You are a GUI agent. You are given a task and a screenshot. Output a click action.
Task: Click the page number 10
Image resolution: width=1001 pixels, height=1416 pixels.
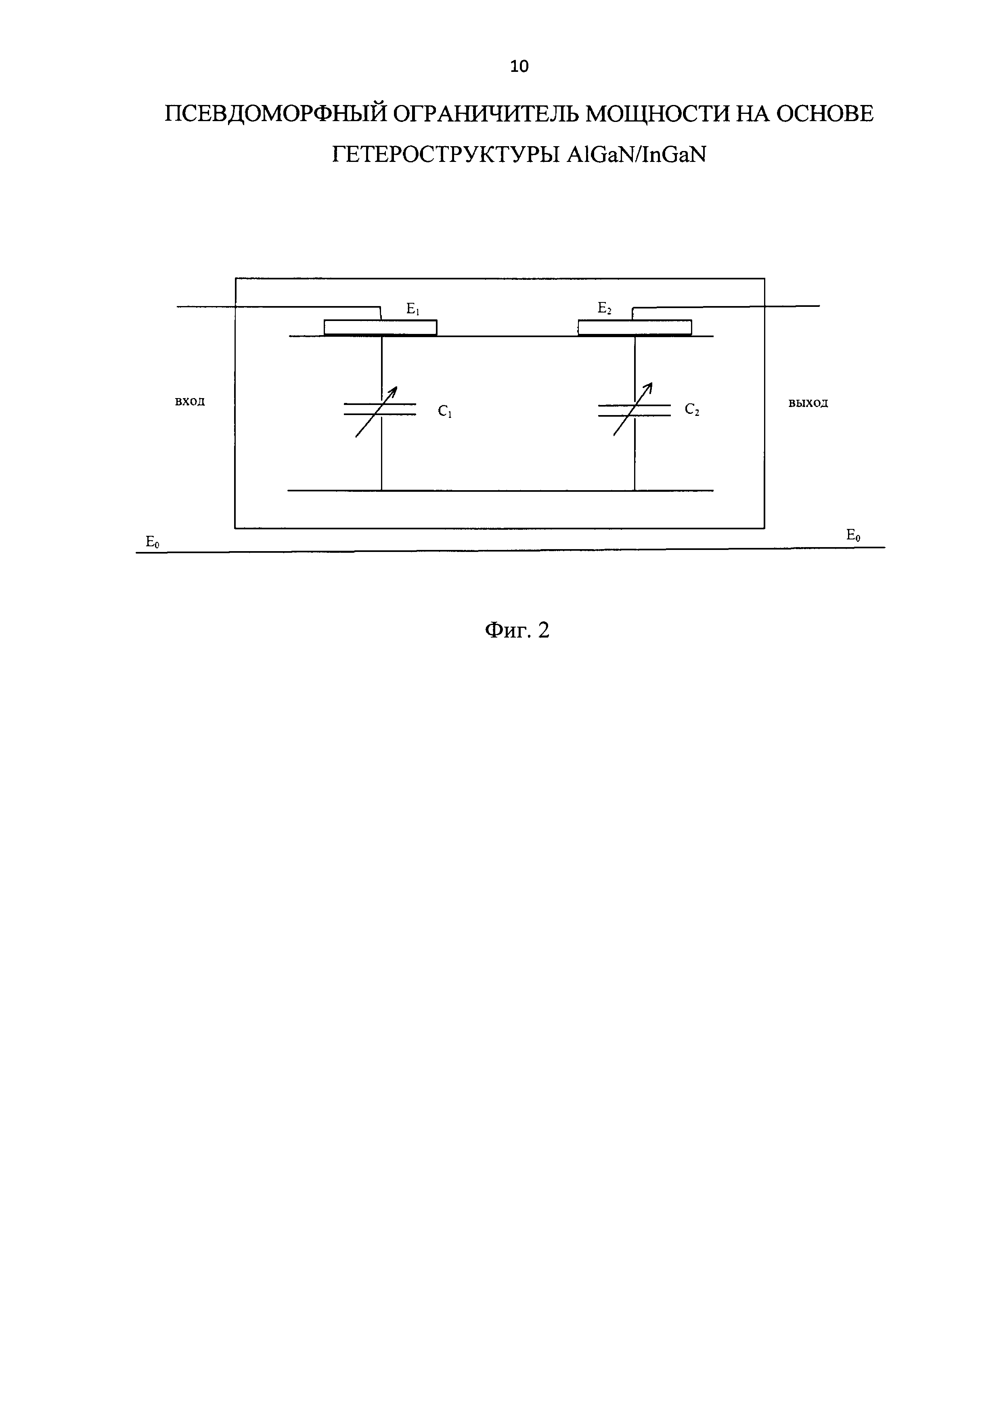519,66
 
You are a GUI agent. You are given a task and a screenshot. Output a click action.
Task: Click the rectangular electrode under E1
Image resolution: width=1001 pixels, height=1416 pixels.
380,327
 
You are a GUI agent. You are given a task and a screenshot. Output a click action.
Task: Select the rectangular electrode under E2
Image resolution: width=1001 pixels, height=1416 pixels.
635,327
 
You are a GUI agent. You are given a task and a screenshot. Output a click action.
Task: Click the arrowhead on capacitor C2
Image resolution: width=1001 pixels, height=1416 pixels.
649,387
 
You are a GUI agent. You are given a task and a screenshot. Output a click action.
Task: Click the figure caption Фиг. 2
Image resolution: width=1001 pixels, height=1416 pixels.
517,630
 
